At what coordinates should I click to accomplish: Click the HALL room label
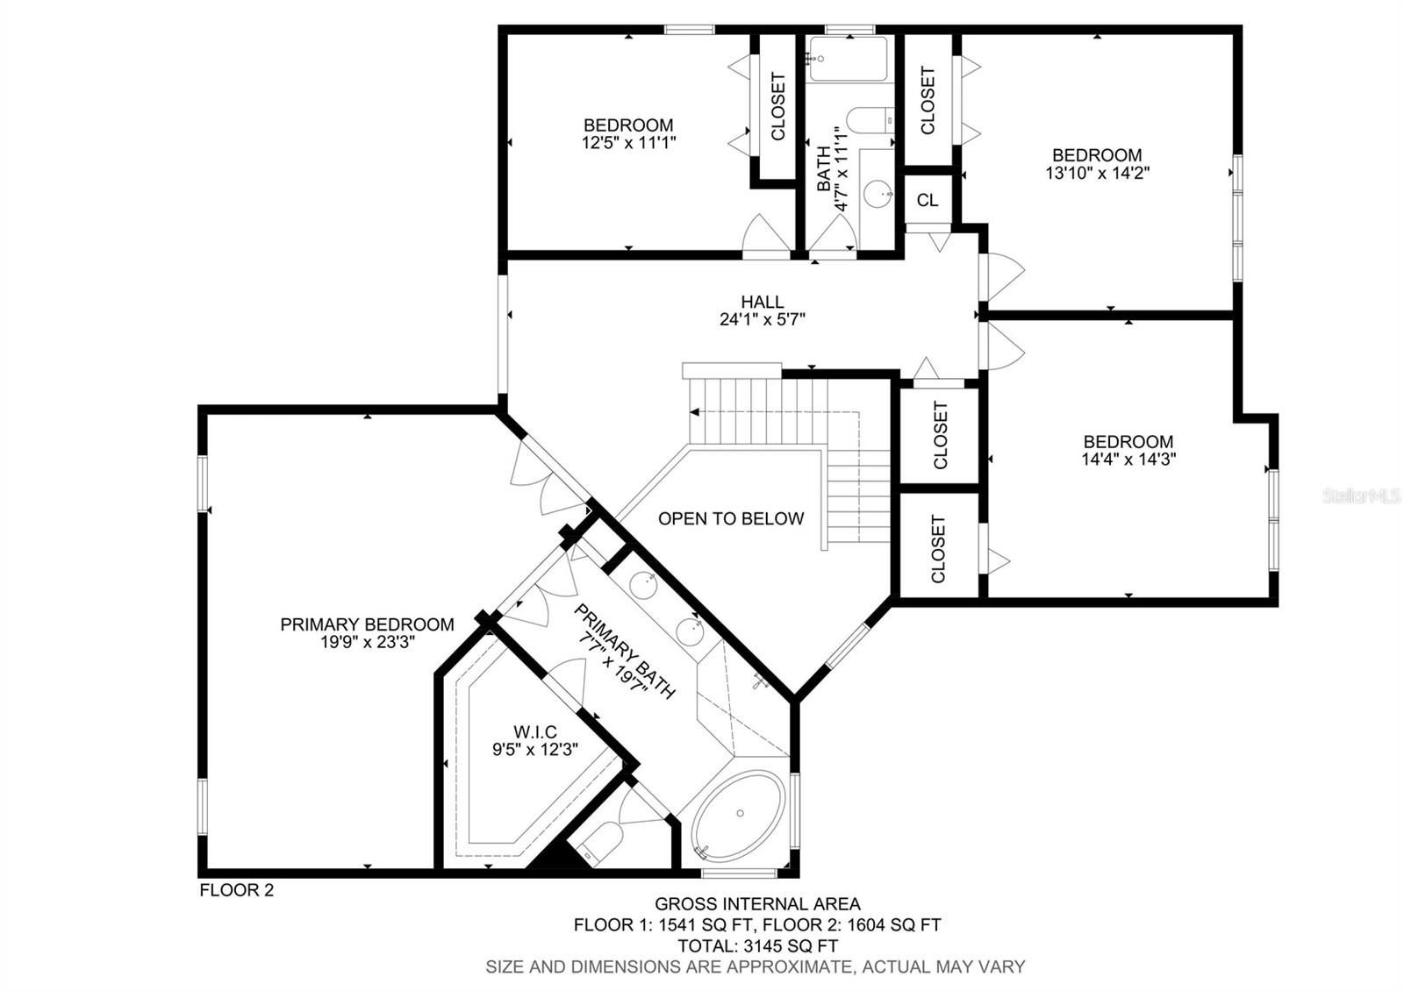(763, 302)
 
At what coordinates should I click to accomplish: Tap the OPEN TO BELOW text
(731, 518)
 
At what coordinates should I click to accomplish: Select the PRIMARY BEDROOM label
(367, 624)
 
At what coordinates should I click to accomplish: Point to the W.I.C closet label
(535, 731)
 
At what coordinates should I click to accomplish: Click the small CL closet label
(927, 200)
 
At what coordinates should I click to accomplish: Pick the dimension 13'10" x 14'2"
(1098, 172)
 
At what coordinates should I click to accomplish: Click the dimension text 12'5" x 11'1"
(628, 142)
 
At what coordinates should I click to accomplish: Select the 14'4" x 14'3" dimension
(1128, 460)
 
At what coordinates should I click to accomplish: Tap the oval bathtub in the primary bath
(739, 814)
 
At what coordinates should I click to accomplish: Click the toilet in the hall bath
(870, 119)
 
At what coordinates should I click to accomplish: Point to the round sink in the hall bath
(878, 194)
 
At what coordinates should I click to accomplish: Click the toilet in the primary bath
(599, 843)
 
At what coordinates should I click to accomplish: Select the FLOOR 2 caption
(236, 890)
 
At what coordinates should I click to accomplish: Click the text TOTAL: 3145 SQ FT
(758, 945)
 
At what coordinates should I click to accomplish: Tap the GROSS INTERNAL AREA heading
(758, 904)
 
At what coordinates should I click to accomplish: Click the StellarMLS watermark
(1361, 496)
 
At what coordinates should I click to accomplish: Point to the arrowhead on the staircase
(694, 412)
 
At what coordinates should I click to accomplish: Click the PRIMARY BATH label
(624, 652)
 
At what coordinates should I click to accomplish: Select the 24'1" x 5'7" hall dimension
(763, 319)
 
